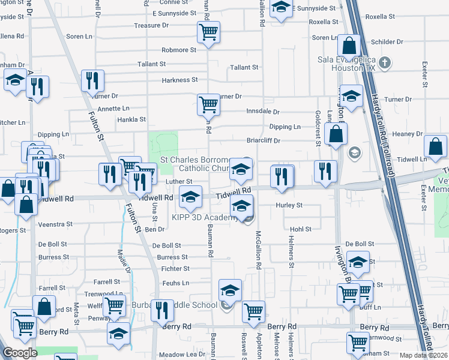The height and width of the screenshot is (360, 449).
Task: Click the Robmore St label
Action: (178, 50)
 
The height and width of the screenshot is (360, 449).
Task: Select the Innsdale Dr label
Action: (263, 112)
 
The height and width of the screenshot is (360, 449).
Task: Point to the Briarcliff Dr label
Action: (264, 142)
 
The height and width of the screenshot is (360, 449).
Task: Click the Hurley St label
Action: (289, 205)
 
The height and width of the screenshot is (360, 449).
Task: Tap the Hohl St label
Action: (301, 229)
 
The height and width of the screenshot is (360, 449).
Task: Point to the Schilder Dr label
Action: (387, 42)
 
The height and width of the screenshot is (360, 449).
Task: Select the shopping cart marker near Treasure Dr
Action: (208, 32)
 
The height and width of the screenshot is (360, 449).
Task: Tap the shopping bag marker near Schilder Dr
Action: (348, 46)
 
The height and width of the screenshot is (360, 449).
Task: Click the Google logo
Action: (20, 353)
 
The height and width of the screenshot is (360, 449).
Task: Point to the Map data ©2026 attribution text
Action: (423, 355)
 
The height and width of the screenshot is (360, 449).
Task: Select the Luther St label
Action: (179, 182)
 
